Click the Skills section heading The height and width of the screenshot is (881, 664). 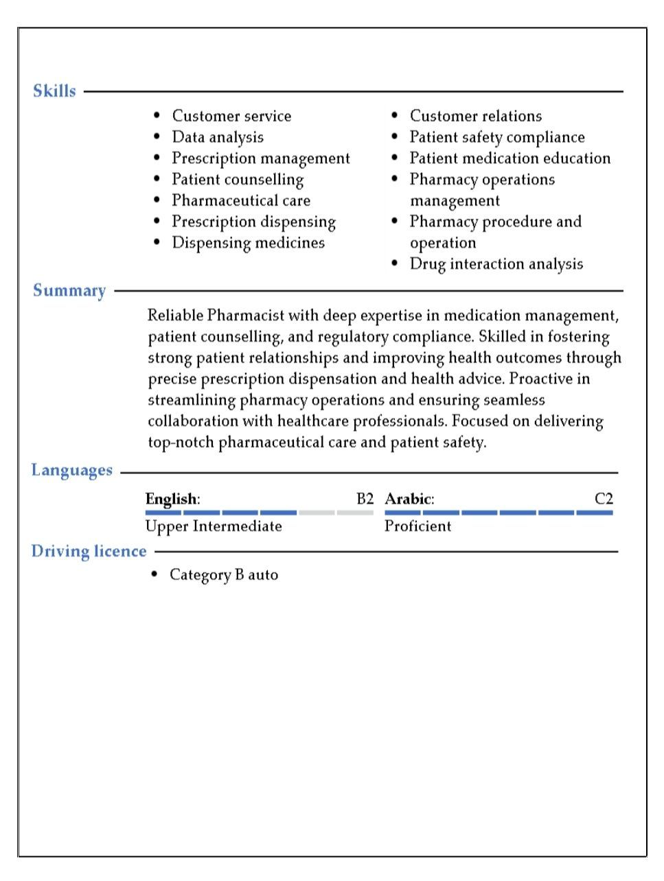click(54, 91)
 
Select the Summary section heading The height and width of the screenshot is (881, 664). click(69, 291)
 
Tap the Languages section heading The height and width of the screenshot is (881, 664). click(71, 471)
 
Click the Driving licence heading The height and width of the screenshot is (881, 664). click(89, 552)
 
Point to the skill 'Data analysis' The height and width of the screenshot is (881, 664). click(218, 137)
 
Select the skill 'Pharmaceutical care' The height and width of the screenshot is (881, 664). click(241, 200)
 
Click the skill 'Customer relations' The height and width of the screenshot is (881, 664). click(476, 116)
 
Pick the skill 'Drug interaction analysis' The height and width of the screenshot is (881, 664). click(496, 264)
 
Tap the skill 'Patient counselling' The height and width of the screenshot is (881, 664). click(238, 180)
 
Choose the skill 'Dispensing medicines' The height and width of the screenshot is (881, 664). click(248, 243)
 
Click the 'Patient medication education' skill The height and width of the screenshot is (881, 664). click(510, 158)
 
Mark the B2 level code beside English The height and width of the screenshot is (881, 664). click(365, 499)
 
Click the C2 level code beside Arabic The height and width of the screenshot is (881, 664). click(604, 499)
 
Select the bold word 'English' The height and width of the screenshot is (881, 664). click(171, 499)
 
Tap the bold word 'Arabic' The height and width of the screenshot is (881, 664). click(408, 499)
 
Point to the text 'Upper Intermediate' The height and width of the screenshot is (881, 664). click(214, 526)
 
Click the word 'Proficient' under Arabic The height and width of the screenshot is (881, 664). click(417, 526)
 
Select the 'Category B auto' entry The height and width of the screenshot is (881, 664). click(224, 575)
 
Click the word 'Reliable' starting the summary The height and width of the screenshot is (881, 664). click(175, 316)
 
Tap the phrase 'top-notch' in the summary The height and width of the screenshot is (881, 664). click(181, 443)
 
